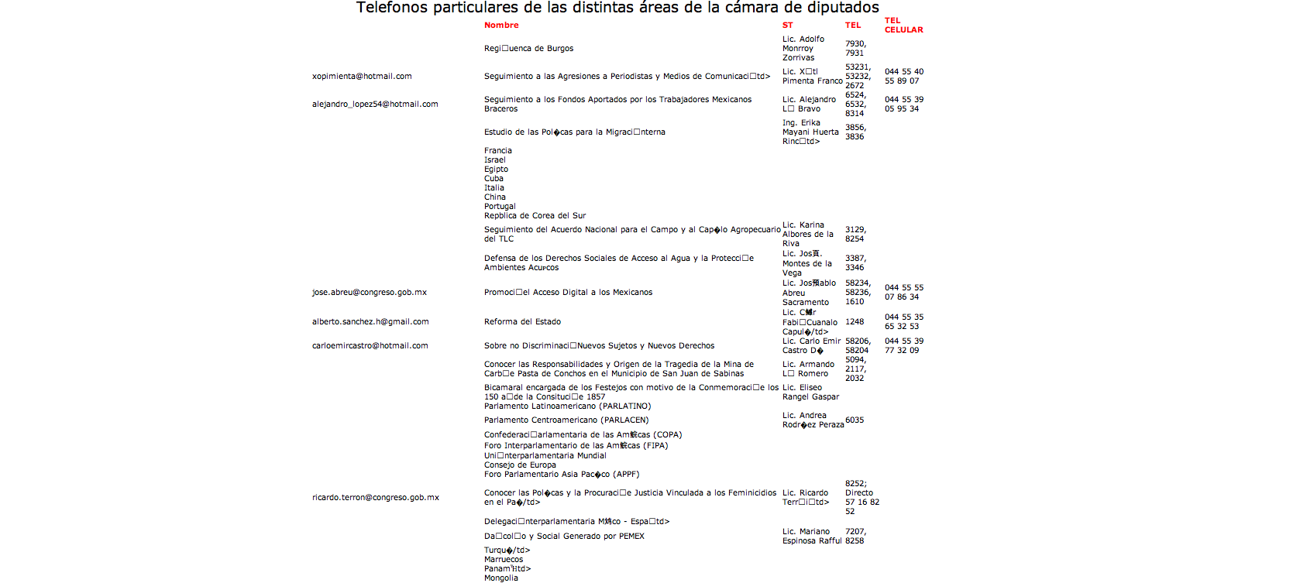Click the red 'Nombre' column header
coord(501,26)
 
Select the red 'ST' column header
coord(787,26)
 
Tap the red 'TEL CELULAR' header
coord(903,26)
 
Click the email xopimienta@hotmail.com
coord(362,77)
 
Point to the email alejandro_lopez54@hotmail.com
coord(375,105)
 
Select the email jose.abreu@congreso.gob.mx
coord(369,293)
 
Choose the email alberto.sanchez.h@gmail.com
coord(370,322)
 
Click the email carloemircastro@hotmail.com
coord(370,346)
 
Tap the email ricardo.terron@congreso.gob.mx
coord(375,498)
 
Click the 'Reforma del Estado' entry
coord(522,322)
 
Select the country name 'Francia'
coord(497,151)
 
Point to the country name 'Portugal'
coord(500,207)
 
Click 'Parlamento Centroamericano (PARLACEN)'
coord(566,420)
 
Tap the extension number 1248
coord(854,322)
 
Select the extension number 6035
coord(854,420)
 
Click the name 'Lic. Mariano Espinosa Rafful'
coord(811,537)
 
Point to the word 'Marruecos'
coord(504,560)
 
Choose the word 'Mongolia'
coord(500,578)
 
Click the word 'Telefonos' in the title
coord(391,9)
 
